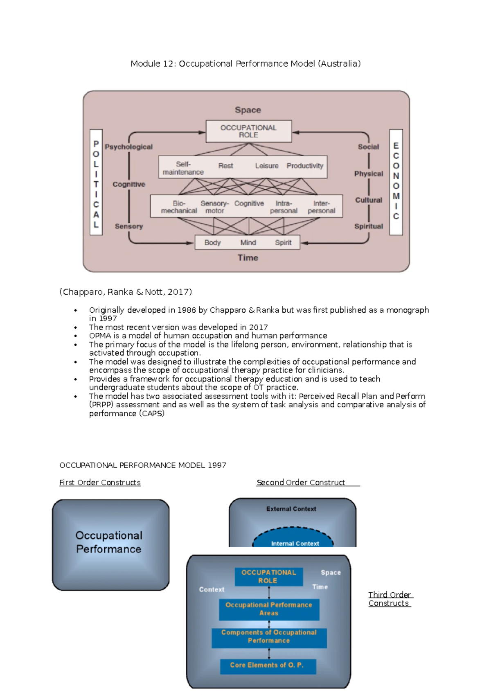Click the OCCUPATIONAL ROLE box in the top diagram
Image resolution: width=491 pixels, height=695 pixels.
coord(248,131)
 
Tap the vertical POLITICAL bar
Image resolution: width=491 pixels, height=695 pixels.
coord(96,182)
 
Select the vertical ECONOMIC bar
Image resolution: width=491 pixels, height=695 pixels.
coord(396,182)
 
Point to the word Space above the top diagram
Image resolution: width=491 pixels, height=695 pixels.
coord(248,110)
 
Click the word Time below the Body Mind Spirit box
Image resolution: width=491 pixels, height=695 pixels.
coord(248,257)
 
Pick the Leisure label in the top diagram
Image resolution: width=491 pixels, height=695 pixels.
coord(267,166)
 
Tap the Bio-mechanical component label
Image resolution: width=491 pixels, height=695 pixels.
coord(179,207)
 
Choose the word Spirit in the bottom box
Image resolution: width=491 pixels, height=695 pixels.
coord(283,242)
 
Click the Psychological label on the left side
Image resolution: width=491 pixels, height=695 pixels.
coord(128,147)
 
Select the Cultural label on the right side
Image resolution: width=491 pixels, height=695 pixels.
coord(368,200)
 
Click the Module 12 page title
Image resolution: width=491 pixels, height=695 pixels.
coord(245,63)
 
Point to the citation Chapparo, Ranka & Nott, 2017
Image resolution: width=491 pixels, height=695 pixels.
coord(126,292)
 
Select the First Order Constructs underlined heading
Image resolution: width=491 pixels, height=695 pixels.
coord(100,482)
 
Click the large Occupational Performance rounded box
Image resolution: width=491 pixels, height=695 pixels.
coord(110,544)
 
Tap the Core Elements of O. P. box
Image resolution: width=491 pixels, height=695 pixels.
coord(268,665)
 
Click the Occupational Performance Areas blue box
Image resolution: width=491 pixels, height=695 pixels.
coord(269,609)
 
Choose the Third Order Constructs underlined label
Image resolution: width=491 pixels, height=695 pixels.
coord(390,599)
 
